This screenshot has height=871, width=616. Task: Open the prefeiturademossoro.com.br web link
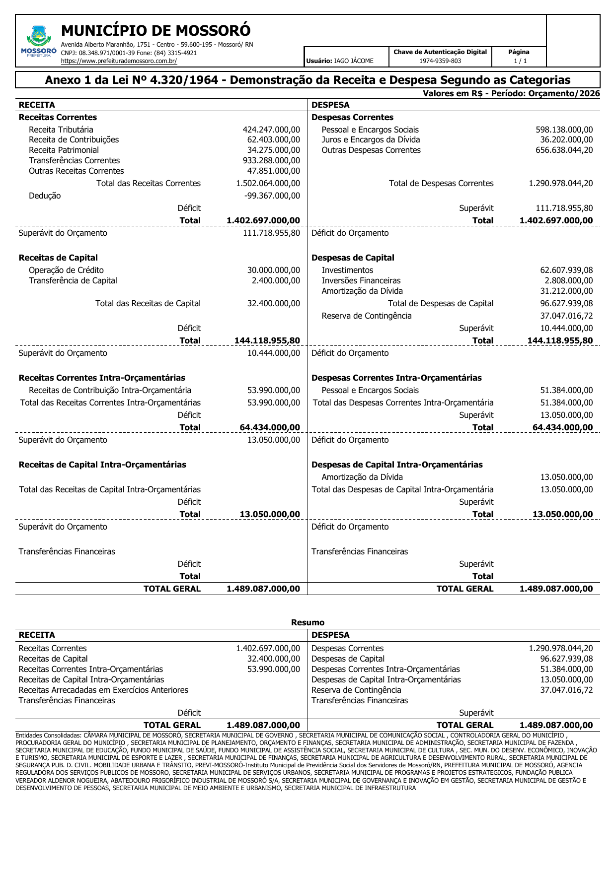click(x=119, y=61)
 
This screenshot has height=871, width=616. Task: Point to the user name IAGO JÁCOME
click(x=354, y=61)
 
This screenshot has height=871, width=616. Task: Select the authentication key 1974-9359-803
click(x=440, y=61)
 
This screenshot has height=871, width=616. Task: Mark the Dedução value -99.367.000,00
click(x=272, y=196)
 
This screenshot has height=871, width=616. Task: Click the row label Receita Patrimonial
click(x=64, y=150)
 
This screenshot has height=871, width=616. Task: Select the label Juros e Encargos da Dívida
click(x=371, y=139)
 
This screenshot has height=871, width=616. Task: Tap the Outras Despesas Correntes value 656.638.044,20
click(x=564, y=150)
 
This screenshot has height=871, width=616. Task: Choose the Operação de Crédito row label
click(x=66, y=270)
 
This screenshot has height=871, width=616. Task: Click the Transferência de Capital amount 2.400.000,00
click(x=276, y=280)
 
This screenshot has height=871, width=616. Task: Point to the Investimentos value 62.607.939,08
click(x=566, y=270)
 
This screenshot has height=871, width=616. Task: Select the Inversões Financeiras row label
click(x=361, y=280)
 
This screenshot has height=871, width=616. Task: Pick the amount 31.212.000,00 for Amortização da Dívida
click(x=566, y=291)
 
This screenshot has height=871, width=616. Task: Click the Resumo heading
click(x=308, y=622)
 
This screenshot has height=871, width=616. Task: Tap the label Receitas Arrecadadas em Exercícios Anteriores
click(x=103, y=690)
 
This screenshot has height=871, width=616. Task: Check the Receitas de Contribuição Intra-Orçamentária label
click(x=110, y=390)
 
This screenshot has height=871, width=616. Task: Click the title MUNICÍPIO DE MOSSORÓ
click(x=155, y=31)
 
